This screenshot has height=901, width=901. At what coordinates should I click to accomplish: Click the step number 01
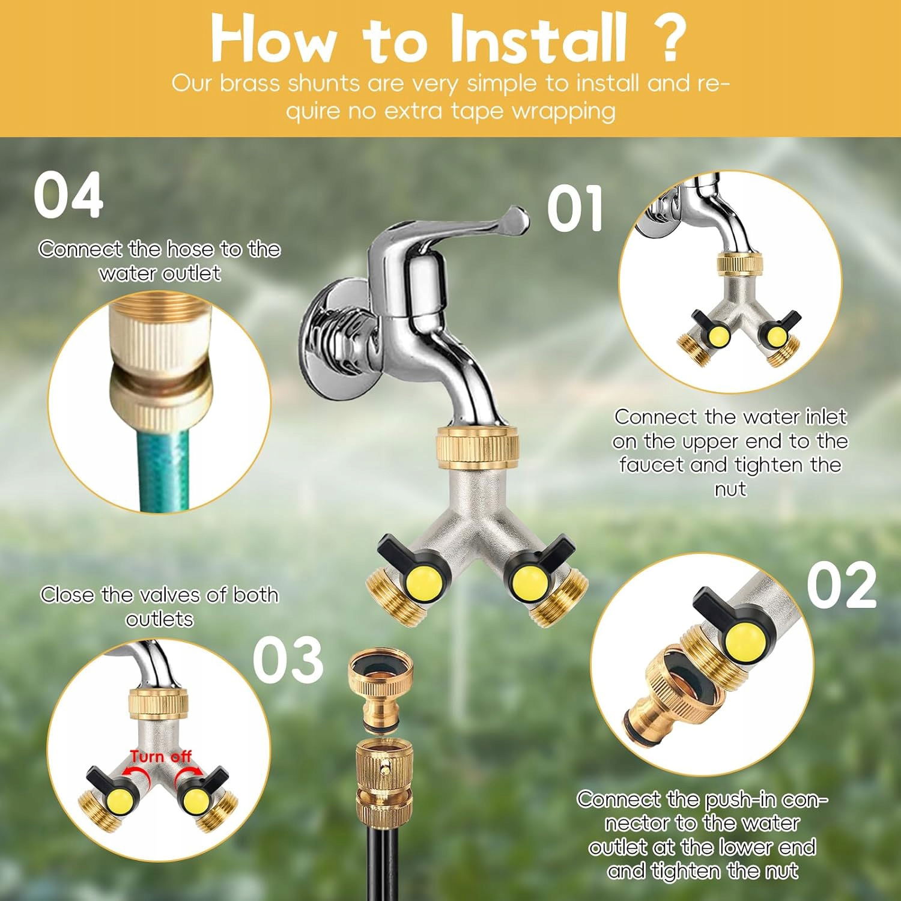(575, 208)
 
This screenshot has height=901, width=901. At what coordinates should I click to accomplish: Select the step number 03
(288, 660)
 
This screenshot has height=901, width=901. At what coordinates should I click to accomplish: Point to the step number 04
(68, 195)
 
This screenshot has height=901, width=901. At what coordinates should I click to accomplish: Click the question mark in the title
(667, 37)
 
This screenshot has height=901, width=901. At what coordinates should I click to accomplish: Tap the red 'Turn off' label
(160, 756)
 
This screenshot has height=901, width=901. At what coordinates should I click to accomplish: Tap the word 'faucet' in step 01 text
(651, 466)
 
